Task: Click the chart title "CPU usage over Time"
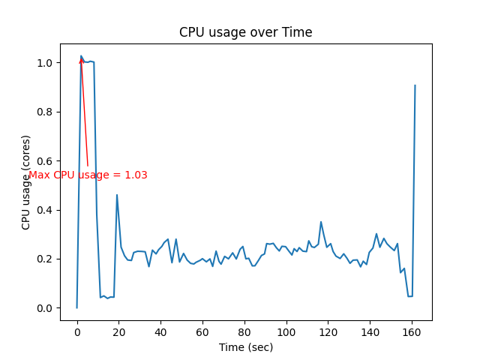pos(245,32)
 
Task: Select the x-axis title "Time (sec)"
pos(246,347)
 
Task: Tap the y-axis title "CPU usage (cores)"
pos(26,182)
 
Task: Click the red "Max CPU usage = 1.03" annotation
pos(88,175)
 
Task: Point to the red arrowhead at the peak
pos(81,61)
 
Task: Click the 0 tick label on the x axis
pos(76,331)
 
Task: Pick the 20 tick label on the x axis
pos(118,331)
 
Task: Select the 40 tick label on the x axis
pos(160,331)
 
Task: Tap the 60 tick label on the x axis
pos(202,331)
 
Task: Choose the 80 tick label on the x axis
pos(244,331)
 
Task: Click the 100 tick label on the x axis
pos(286,331)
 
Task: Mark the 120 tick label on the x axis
pos(328,331)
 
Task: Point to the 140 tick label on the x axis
pos(370,331)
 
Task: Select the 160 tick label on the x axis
pos(412,331)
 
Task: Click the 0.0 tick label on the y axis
pos(44,308)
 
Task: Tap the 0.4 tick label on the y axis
pos(44,210)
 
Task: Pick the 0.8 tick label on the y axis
pos(44,112)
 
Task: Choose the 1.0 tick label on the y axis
pos(44,63)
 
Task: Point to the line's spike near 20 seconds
pos(117,195)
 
